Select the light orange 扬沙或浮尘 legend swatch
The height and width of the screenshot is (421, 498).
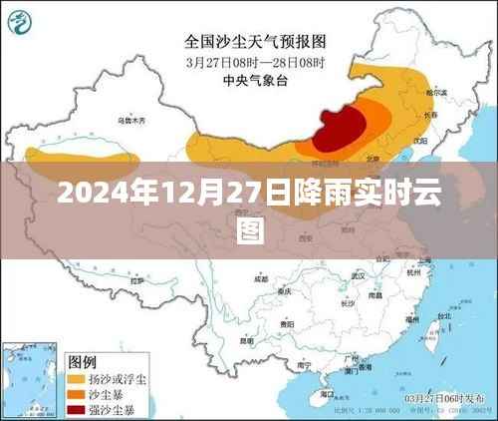click(x=76, y=380)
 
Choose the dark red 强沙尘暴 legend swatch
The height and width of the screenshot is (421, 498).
click(x=76, y=409)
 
